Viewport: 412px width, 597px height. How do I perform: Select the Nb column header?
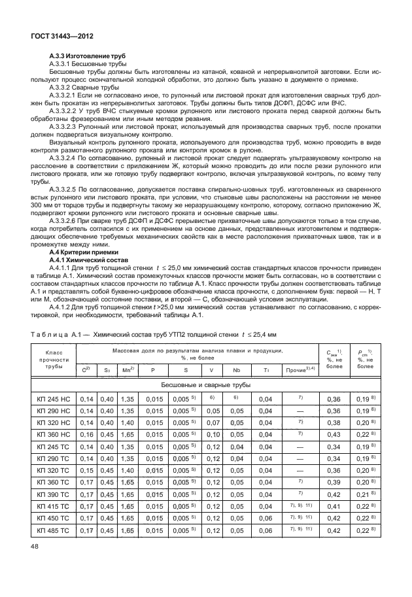pos(237,370)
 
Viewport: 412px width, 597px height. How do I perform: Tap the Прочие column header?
pos(300,370)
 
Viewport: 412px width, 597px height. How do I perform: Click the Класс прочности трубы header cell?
pos(54,360)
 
